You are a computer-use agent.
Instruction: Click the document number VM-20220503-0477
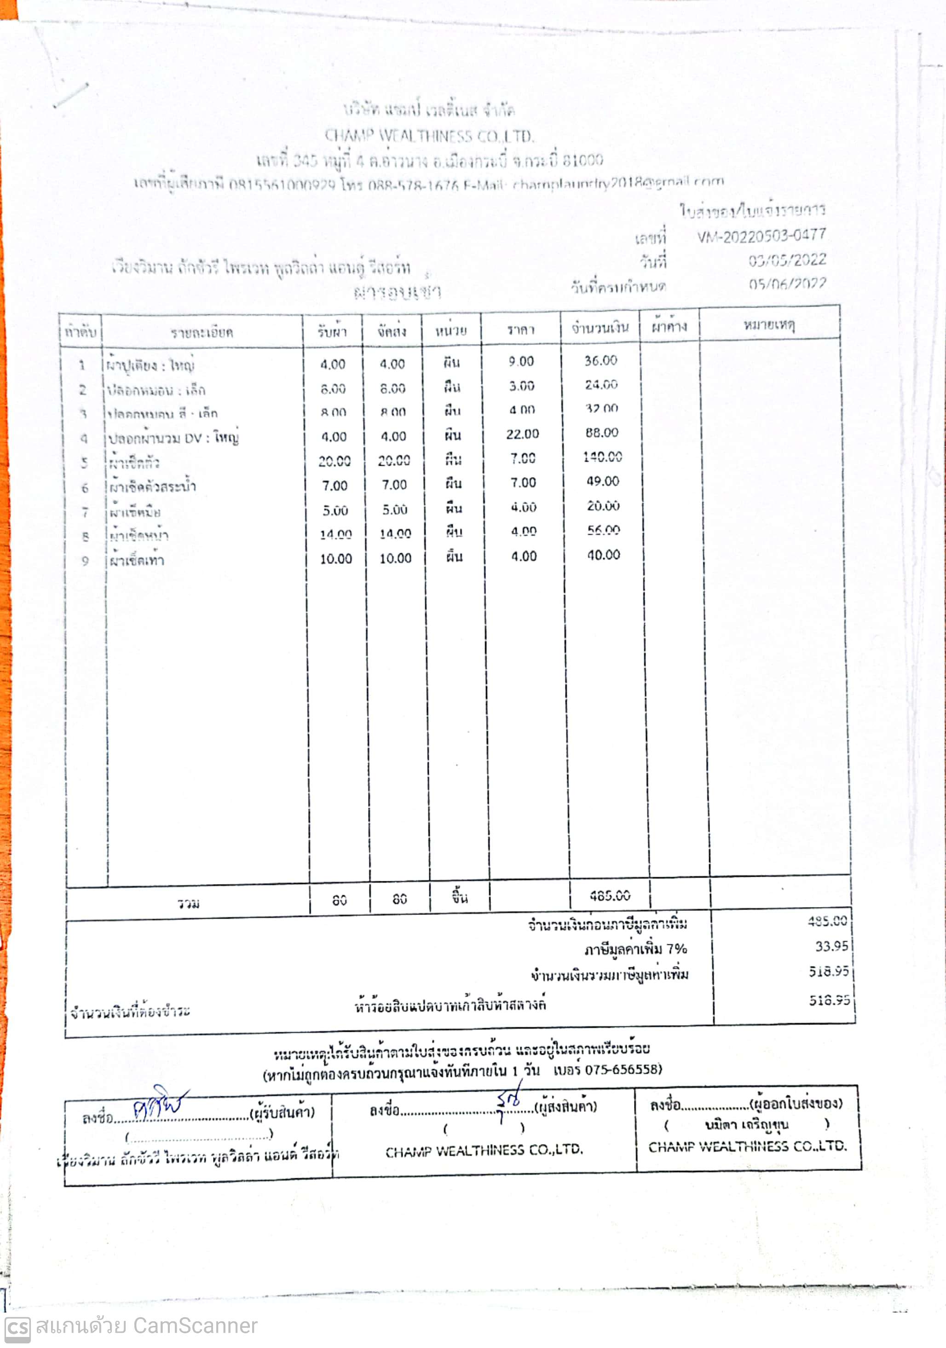pyautogui.click(x=761, y=236)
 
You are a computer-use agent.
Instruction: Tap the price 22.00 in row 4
pyautogui.click(x=522, y=434)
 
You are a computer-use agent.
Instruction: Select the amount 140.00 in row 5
pyautogui.click(x=603, y=457)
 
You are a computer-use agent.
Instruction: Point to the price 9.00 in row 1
pyautogui.click(x=521, y=361)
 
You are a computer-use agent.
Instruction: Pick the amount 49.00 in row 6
pyautogui.click(x=603, y=481)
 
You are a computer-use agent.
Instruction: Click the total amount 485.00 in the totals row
pyautogui.click(x=610, y=895)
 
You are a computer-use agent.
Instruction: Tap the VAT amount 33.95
pyautogui.click(x=831, y=946)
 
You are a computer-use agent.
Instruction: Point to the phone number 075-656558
pyautogui.click(x=622, y=1069)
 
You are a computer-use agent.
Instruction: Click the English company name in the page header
pyautogui.click(x=429, y=136)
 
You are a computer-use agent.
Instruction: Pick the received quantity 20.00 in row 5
pyautogui.click(x=335, y=461)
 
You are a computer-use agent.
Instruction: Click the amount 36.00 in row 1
pyautogui.click(x=601, y=360)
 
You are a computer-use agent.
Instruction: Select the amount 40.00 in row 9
pyautogui.click(x=604, y=555)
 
